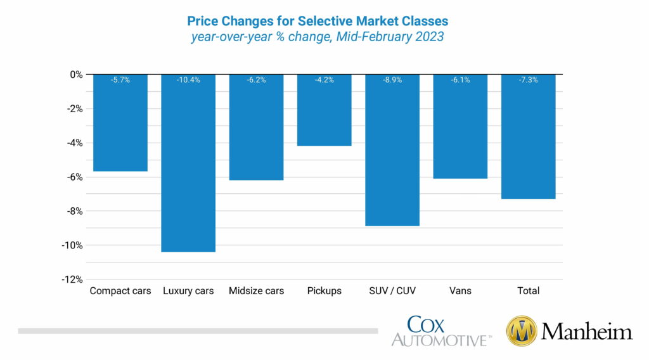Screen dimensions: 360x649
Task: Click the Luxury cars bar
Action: point(188,163)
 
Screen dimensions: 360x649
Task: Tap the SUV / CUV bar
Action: point(392,150)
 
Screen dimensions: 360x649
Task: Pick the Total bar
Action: point(528,136)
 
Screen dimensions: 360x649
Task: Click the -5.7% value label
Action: point(120,80)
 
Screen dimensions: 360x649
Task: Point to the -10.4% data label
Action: point(188,80)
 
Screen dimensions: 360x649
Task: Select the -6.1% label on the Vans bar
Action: point(460,80)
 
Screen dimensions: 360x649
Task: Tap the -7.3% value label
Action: point(528,80)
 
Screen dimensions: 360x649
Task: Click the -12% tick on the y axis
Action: point(72,280)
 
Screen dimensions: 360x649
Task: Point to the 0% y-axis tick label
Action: point(76,74)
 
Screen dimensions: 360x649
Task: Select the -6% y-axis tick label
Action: point(74,177)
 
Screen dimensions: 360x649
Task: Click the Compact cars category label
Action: point(120,291)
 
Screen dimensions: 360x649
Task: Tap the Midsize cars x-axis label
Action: point(256,291)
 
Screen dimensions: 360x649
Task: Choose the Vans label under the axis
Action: point(460,291)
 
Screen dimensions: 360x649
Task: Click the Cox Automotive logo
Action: point(441,331)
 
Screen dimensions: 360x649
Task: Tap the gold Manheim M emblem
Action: point(521,331)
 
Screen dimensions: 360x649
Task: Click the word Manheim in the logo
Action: point(586,331)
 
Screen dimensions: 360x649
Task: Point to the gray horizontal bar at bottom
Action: point(198,331)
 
